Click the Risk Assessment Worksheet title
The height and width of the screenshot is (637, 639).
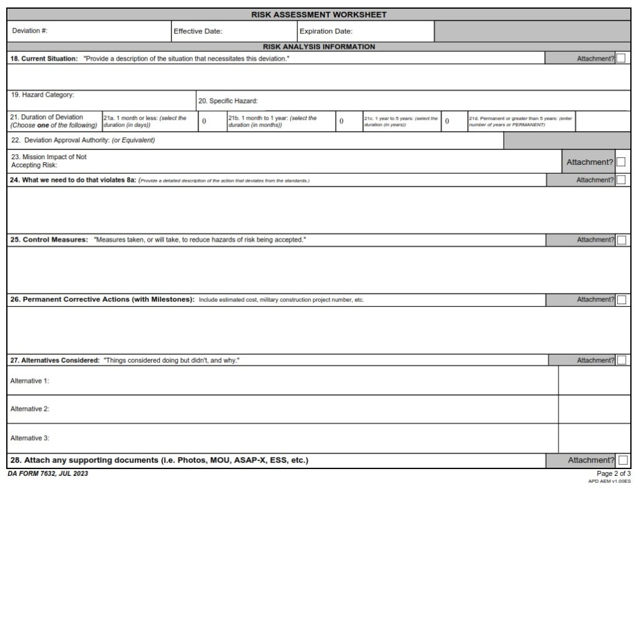pos(319,14)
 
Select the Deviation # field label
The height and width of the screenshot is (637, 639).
pos(30,31)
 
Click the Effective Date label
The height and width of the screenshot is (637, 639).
pos(198,31)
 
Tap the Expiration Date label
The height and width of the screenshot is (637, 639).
pos(326,31)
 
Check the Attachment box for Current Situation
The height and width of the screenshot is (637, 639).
pos(621,59)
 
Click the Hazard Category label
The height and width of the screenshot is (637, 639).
pos(42,95)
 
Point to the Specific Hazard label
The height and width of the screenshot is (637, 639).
pos(228,101)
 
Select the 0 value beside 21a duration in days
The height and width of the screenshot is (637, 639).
pos(204,121)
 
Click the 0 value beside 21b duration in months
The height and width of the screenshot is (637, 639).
pos(341,121)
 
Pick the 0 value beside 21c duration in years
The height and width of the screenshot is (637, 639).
pos(447,121)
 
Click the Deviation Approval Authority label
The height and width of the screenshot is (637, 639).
pos(83,140)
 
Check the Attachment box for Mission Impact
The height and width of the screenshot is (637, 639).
pos(621,162)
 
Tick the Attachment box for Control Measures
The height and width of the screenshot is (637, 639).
pos(621,240)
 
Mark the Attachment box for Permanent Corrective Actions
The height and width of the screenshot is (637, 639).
pos(621,300)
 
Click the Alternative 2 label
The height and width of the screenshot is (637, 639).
pos(30,409)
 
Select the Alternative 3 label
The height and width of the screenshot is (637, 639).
pos(30,438)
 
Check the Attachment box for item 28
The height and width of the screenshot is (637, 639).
pos(622,460)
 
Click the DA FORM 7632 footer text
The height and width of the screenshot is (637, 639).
pos(48,473)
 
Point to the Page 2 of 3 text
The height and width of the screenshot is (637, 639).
pos(613,473)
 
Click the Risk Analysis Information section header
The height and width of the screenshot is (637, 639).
pos(319,47)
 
